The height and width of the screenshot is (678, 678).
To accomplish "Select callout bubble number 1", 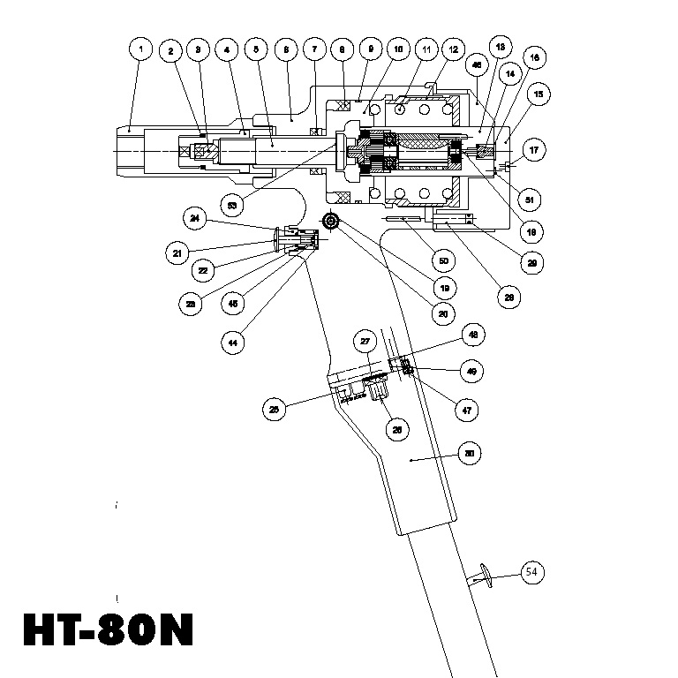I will click(140, 49).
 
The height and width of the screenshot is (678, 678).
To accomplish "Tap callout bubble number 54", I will click(531, 572).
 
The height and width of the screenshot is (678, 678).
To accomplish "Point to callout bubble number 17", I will click(534, 152).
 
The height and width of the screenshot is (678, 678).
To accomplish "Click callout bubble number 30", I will click(470, 455).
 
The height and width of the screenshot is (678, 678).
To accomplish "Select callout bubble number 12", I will click(452, 50).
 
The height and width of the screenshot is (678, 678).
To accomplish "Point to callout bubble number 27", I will click(365, 341).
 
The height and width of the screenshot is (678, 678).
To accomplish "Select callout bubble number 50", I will click(443, 261).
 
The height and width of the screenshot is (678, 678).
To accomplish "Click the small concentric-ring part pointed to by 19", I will click(331, 221).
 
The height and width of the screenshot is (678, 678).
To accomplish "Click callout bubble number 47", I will click(463, 409).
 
